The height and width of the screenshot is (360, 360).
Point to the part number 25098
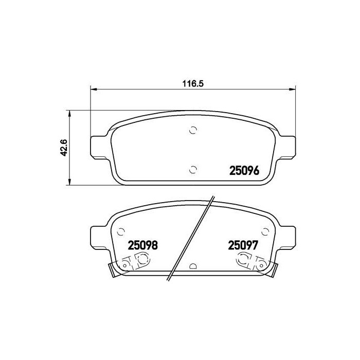[142, 246]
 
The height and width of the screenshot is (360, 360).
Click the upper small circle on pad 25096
[193, 130]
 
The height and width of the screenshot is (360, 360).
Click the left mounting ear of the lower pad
[100, 238]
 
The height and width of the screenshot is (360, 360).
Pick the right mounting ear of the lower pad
[287, 238]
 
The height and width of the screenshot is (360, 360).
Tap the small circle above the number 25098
[121, 231]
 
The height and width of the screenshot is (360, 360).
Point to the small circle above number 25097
[266, 231]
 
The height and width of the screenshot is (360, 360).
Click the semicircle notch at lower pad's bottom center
[193, 266]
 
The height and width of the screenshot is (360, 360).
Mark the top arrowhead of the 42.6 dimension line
[69, 113]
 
